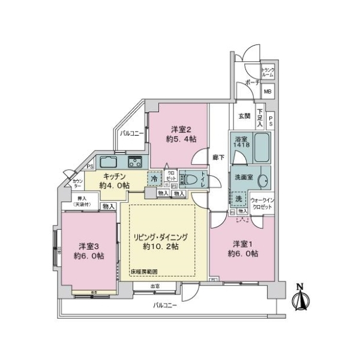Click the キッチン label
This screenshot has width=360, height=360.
[113, 177]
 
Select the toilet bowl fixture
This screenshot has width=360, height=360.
[190, 179]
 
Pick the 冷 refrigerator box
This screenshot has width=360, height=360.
[154, 178]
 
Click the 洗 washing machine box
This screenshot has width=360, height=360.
[238, 199]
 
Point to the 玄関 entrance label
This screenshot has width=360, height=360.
[244, 116]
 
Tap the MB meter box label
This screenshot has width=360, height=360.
[268, 92]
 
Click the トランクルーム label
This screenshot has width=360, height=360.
[268, 73]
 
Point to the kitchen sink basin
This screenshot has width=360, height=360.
[109, 161]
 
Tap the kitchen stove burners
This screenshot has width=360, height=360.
[134, 161]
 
